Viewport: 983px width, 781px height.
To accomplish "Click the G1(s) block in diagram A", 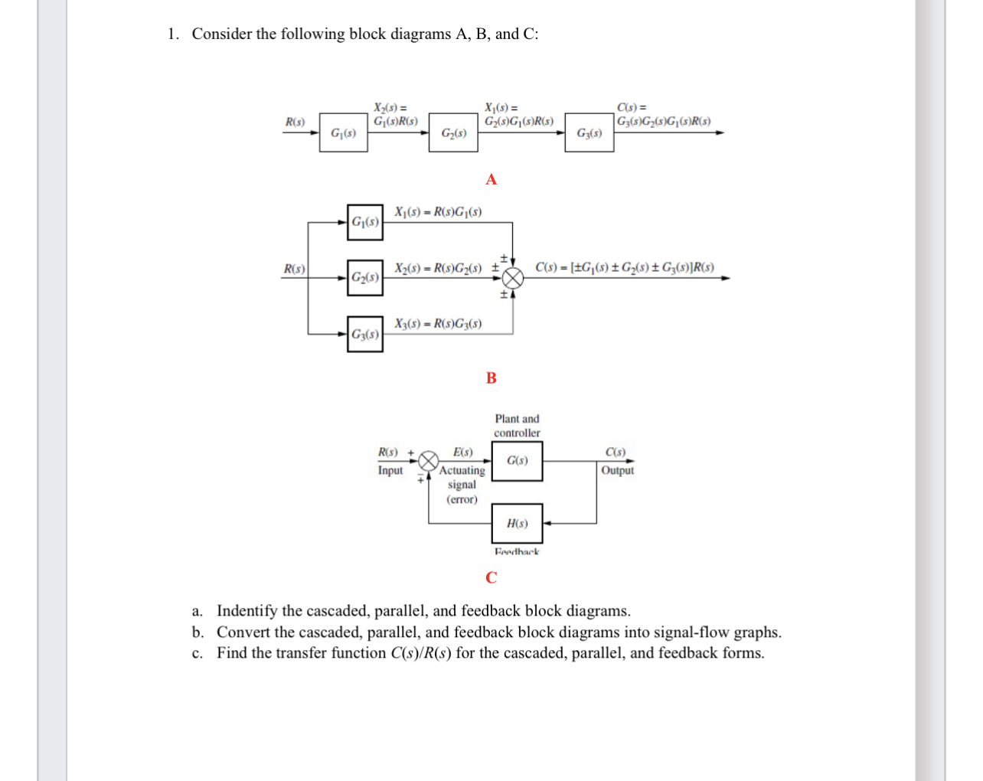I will pyautogui.click(x=343, y=132).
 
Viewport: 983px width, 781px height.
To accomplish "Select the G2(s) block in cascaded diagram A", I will pyautogui.click(x=453, y=132).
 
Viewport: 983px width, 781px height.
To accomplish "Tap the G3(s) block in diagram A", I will pyautogui.click(x=589, y=132).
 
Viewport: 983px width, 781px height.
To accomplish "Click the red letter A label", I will pyautogui.click(x=491, y=179).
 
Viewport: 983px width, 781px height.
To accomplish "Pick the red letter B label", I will pyautogui.click(x=491, y=377).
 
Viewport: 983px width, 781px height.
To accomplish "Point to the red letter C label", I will pyautogui.click(x=491, y=577).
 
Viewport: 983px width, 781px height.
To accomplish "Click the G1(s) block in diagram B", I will pyautogui.click(x=364, y=222).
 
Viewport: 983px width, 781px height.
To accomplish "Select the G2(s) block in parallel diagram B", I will pyautogui.click(x=364, y=277).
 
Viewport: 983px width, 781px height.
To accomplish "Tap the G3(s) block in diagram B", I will pyautogui.click(x=364, y=334).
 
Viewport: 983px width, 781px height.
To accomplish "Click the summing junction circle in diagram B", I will pyautogui.click(x=513, y=278).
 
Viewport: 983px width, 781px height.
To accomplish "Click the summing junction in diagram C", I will pyautogui.click(x=428, y=461).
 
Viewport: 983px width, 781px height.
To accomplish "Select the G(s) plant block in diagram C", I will pyautogui.click(x=517, y=461).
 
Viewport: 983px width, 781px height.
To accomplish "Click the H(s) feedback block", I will pyautogui.click(x=517, y=524).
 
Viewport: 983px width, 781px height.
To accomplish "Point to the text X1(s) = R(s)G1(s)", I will pyautogui.click(x=438, y=212).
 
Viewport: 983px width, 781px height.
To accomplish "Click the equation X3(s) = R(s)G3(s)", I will pyautogui.click(x=438, y=324).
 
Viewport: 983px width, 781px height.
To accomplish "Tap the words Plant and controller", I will pyautogui.click(x=517, y=426).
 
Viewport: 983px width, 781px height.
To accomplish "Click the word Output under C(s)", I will pyautogui.click(x=617, y=470).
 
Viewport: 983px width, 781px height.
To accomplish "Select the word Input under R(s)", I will pyautogui.click(x=390, y=470).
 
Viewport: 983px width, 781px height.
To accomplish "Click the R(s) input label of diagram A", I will pyautogui.click(x=295, y=122).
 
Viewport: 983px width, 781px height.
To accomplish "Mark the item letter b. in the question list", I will pyautogui.click(x=198, y=632).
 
